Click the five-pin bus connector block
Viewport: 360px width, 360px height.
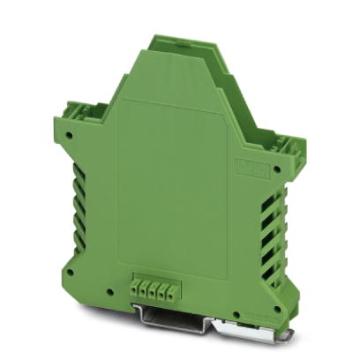[x=154, y=287]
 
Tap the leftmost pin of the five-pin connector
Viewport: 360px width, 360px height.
[x=135, y=287]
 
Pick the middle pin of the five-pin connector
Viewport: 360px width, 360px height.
[x=154, y=287]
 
